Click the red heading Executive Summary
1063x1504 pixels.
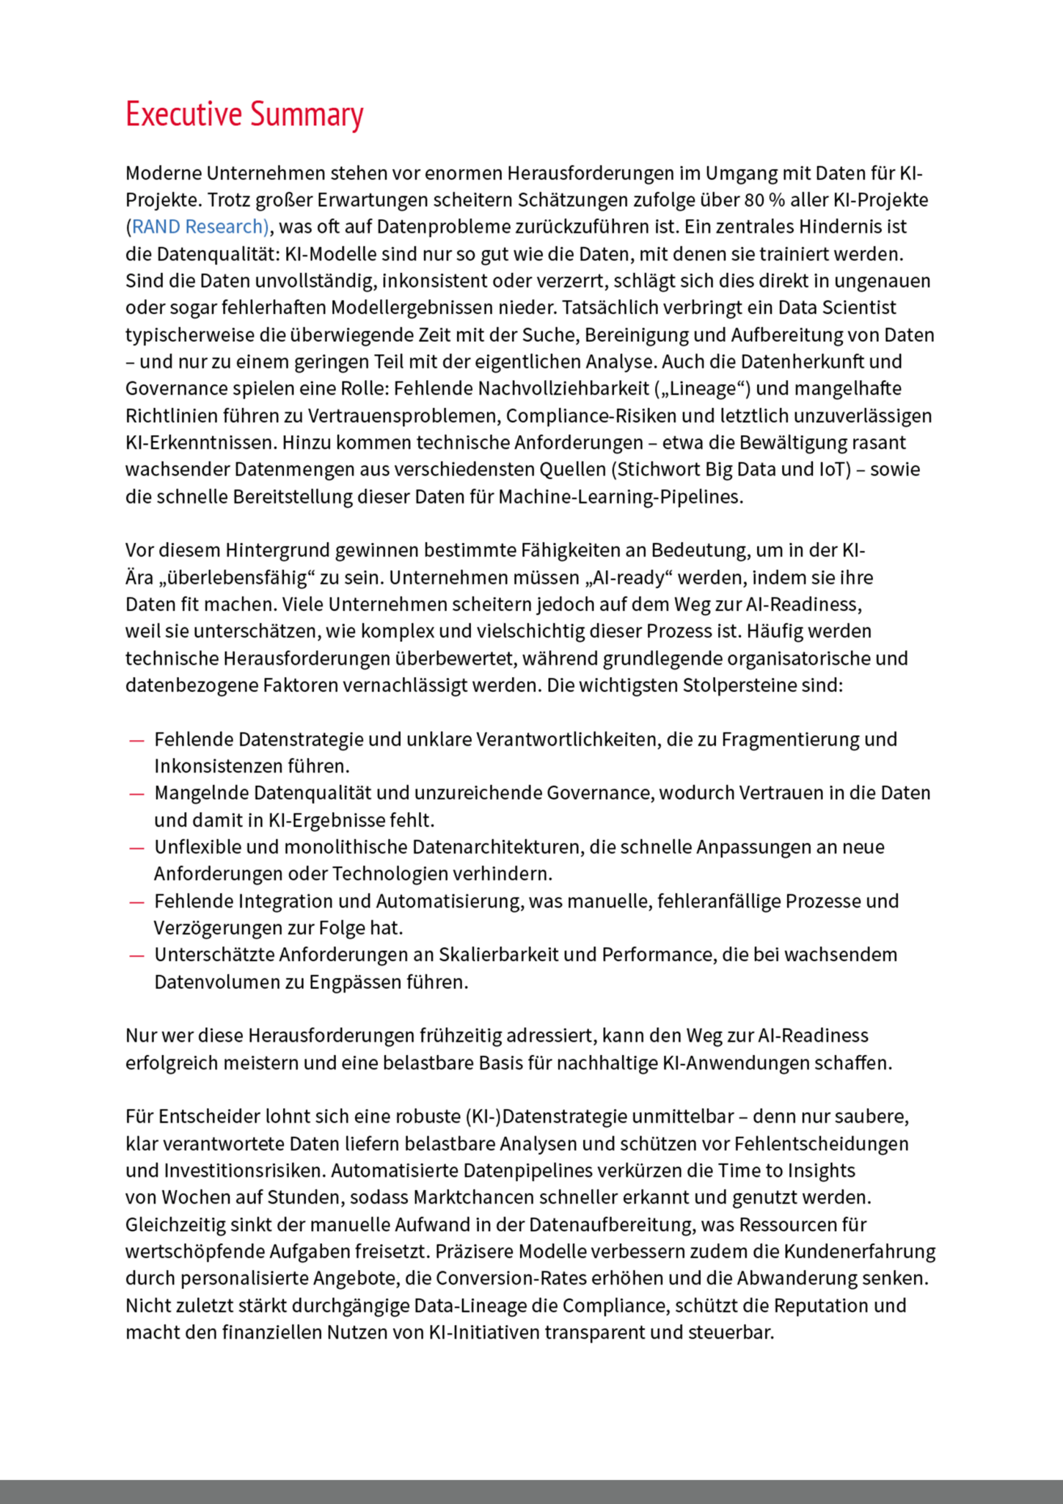pyautogui.click(x=244, y=114)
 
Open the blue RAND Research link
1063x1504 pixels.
pyautogui.click(x=200, y=227)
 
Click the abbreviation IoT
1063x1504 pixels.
pyautogui.click(x=834, y=470)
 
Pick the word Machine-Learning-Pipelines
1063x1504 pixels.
pyautogui.click(x=620, y=497)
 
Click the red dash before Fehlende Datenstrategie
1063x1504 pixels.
pyautogui.click(x=136, y=740)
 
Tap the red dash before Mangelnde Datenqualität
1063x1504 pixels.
pyautogui.click(x=136, y=794)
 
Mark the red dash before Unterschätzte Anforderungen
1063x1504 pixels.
pyautogui.click(x=136, y=955)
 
